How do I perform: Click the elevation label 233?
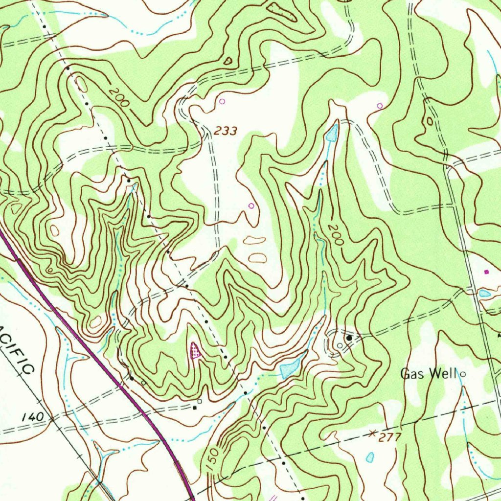226,131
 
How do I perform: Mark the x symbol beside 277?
373,433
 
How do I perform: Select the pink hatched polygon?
195,350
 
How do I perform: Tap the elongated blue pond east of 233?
332,132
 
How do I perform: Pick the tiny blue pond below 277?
370,457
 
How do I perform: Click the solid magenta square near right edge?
486,271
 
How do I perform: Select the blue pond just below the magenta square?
484,293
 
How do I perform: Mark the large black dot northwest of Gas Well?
349,338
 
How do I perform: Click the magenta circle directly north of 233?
222,101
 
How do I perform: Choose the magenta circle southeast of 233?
251,206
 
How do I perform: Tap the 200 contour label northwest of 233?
118,98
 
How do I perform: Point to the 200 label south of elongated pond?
337,235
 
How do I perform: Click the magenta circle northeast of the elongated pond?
380,105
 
